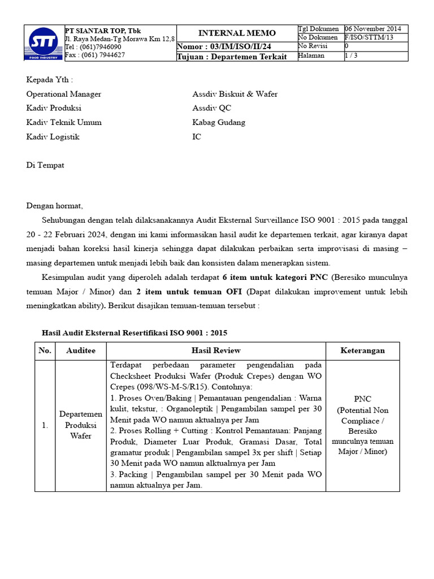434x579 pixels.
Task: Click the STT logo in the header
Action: pyautogui.click(x=44, y=43)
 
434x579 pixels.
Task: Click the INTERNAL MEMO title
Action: pyautogui.click(x=237, y=33)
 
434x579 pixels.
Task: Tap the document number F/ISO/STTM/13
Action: pyautogui.click(x=368, y=37)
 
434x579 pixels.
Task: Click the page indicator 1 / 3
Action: pyautogui.click(x=351, y=55)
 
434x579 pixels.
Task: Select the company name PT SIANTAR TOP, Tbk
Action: pyautogui.click(x=103, y=30)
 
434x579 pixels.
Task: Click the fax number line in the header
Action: pyautogui.click(x=95, y=55)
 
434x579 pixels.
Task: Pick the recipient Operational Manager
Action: pyautogui.click(x=64, y=94)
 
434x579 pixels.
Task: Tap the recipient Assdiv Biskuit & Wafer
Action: pyautogui.click(x=235, y=94)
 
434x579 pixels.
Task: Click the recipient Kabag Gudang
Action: pyautogui.click(x=219, y=122)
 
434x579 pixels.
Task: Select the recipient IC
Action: pyautogui.click(x=197, y=137)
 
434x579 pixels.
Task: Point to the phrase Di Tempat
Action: pyautogui.click(x=45, y=165)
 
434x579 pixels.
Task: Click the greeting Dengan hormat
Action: pyautogui.click(x=54, y=206)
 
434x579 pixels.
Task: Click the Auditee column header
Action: pyautogui.click(x=80, y=351)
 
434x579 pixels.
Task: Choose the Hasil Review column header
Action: pyautogui.click(x=216, y=351)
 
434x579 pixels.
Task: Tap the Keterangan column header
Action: pyautogui.click(x=362, y=351)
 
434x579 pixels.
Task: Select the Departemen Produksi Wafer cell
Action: pyautogui.click(x=80, y=425)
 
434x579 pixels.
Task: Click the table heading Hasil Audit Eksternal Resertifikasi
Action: pyautogui.click(x=135, y=332)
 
